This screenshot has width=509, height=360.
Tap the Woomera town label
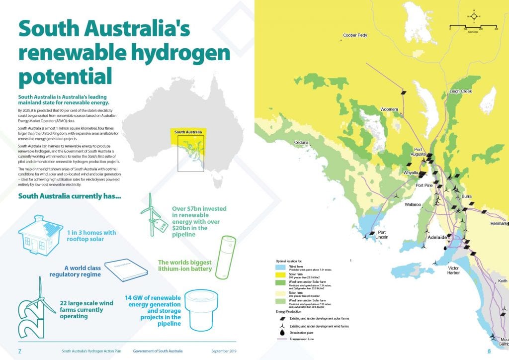[x=389, y=109]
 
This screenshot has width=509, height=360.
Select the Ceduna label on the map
[x=302, y=143]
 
